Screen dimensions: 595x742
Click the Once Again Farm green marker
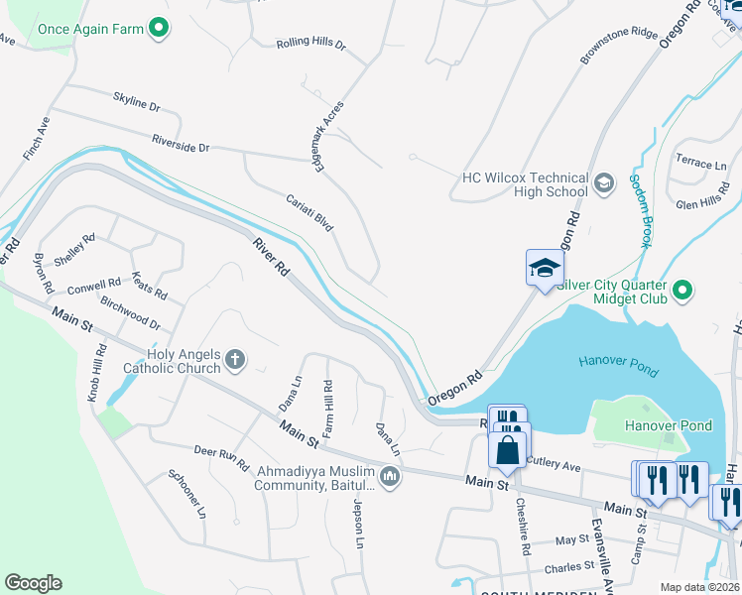coord(158,29)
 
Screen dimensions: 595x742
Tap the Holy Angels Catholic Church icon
coord(235,360)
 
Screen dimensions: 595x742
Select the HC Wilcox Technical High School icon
coord(602,182)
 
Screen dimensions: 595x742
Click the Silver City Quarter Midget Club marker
coord(680,291)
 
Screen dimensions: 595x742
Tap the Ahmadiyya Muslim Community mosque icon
coord(389,478)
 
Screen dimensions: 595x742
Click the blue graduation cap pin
coord(544,269)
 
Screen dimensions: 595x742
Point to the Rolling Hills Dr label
coord(310,45)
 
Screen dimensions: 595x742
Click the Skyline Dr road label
coord(137,104)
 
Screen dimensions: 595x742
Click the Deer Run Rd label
coord(221,458)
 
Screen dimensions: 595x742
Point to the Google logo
coord(33,583)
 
